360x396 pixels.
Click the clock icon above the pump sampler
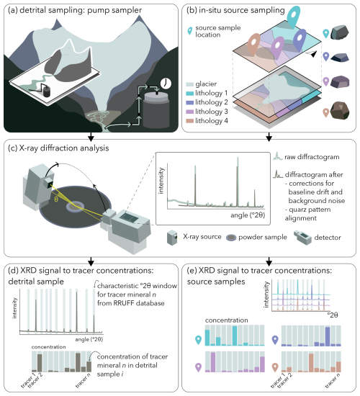point(166,84)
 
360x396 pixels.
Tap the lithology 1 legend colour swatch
point(190,93)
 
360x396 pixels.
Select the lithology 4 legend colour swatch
point(190,121)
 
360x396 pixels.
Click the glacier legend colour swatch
point(190,84)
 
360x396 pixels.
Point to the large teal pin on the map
point(294,16)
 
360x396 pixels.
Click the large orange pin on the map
point(253,45)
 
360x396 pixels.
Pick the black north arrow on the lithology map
point(311,53)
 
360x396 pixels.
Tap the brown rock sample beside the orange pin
point(341,110)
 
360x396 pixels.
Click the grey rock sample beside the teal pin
point(340,32)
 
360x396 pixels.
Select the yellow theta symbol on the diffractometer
point(56,199)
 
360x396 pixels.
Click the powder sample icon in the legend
point(231,238)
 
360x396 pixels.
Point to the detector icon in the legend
point(302,238)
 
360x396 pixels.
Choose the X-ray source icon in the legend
point(173,238)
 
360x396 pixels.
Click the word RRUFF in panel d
point(126,303)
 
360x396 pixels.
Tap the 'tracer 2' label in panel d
point(35,380)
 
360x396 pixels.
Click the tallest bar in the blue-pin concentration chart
point(328,336)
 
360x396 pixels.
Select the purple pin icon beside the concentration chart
point(198,367)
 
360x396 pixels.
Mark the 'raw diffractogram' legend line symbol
point(278,156)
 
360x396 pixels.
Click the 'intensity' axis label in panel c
point(161,181)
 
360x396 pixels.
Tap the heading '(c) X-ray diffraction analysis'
point(58,148)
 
